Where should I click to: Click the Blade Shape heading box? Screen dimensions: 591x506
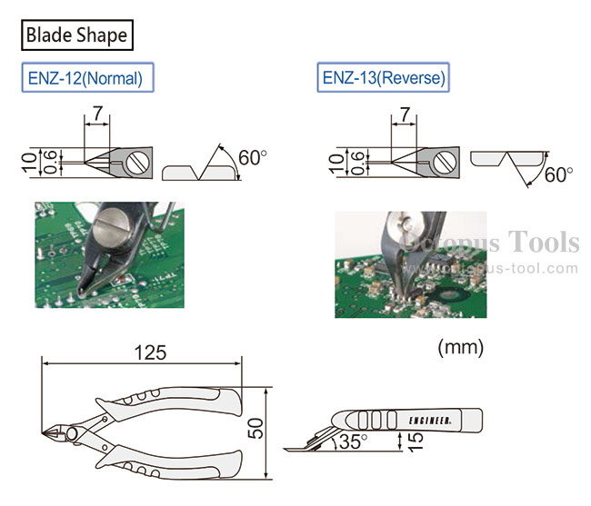click(77, 35)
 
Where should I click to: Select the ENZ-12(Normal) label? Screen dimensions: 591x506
click(87, 77)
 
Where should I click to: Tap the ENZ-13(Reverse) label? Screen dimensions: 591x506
click(384, 77)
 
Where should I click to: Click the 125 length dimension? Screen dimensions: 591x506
click(150, 352)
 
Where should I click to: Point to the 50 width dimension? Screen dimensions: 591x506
click(255, 429)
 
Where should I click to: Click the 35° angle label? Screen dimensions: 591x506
click(353, 442)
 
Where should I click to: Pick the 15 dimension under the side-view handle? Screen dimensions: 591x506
click(416, 441)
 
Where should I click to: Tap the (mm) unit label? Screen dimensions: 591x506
click(461, 347)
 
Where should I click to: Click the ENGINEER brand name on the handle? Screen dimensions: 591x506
click(430, 421)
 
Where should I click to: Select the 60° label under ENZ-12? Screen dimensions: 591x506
click(252, 158)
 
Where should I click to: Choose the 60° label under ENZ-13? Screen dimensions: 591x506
click(558, 174)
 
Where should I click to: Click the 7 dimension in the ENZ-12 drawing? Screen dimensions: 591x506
click(97, 113)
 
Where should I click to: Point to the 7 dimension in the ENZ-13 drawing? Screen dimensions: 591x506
click(405, 114)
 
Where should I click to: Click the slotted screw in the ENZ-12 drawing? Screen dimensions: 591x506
click(137, 163)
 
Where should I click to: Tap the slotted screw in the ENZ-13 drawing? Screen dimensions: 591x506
click(445, 163)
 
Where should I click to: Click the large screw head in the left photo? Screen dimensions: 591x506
click(113, 223)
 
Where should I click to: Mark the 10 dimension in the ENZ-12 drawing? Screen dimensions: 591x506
click(29, 163)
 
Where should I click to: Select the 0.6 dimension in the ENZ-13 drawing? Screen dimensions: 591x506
click(357, 163)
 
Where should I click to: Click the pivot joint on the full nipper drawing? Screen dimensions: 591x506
click(73, 433)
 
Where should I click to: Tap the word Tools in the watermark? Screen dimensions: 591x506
click(544, 242)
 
